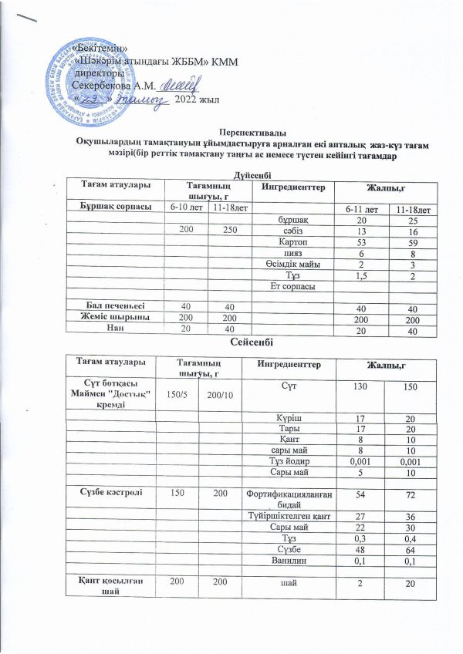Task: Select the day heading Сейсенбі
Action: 252,341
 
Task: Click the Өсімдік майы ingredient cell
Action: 282,265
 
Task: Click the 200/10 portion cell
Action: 221,395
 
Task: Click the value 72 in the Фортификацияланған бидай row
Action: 410,502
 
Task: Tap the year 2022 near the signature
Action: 188,98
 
